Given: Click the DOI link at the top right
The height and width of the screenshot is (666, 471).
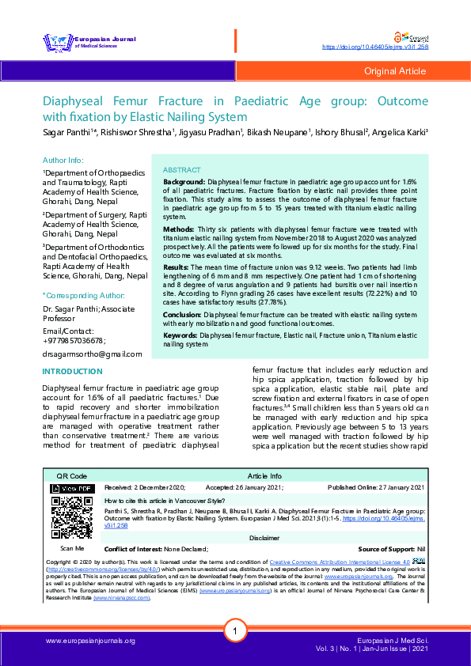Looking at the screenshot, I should (378, 47).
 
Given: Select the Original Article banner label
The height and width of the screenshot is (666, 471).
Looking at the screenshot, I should (394, 71).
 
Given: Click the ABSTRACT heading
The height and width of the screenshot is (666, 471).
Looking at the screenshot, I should (181, 171).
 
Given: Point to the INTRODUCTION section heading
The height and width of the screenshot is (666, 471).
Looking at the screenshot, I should (71, 371).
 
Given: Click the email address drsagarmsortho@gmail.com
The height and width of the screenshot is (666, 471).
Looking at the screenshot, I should (92, 354).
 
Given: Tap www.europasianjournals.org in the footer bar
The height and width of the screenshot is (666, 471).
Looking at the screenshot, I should (90, 640).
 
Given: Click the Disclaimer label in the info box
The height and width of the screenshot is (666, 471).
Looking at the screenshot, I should (264, 537).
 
